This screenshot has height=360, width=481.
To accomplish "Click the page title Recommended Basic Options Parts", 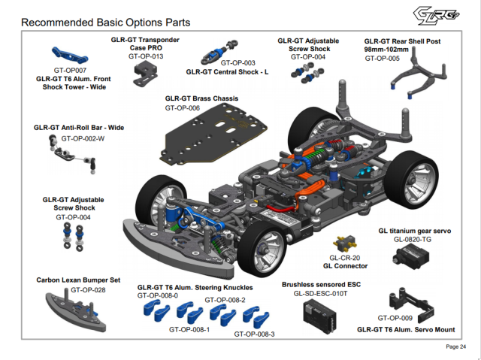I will (x=105, y=23).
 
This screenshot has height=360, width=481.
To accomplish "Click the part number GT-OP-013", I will (x=146, y=56).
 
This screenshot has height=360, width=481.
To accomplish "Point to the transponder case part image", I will (x=144, y=73).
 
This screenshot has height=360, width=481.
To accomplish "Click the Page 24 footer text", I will (x=455, y=346).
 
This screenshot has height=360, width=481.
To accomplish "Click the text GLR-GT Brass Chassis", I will (x=201, y=98).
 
